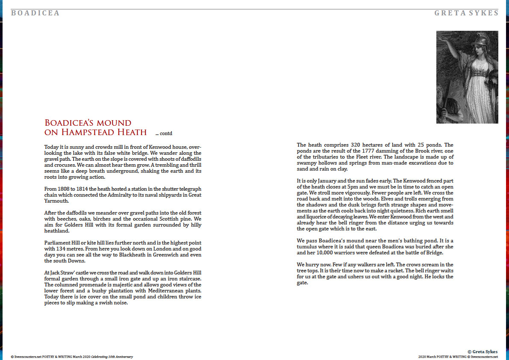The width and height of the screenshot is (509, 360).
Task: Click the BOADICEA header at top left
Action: point(35,13)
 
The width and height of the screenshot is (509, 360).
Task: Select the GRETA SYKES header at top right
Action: point(466,13)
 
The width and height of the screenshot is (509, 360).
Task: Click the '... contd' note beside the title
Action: point(164,133)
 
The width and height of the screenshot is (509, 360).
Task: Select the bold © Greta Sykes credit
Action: point(483,351)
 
